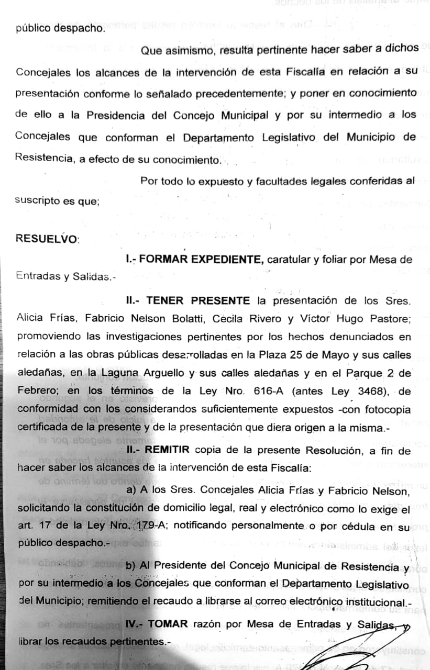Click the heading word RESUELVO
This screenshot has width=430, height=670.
pyautogui.click(x=46, y=238)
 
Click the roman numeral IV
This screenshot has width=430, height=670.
pyautogui.click(x=133, y=623)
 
